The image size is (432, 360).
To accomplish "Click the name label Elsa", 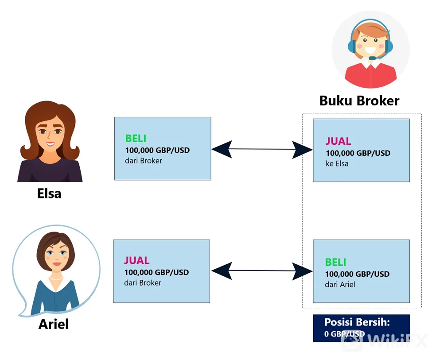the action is click(x=49, y=194).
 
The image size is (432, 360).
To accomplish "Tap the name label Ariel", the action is click(x=54, y=324).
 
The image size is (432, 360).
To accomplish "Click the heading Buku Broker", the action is click(x=359, y=101).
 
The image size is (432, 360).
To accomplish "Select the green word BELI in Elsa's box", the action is click(x=136, y=138).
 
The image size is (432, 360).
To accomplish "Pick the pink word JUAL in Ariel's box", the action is click(x=136, y=260).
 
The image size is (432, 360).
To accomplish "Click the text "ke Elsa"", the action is click(x=337, y=163).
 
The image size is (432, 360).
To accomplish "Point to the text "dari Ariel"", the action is click(x=340, y=285).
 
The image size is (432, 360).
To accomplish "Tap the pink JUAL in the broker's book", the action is click(x=339, y=141).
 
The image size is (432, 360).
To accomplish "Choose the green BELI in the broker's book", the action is click(x=335, y=262).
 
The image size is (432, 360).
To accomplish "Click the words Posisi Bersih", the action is click(x=357, y=322).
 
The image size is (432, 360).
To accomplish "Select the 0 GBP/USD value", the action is click(x=344, y=334).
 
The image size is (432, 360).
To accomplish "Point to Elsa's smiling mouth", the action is click(x=50, y=144).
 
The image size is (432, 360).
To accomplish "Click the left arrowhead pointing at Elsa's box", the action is click(x=222, y=149).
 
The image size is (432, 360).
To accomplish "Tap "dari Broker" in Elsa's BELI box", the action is click(x=144, y=161).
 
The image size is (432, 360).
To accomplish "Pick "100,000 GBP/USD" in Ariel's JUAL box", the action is click(x=156, y=272).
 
